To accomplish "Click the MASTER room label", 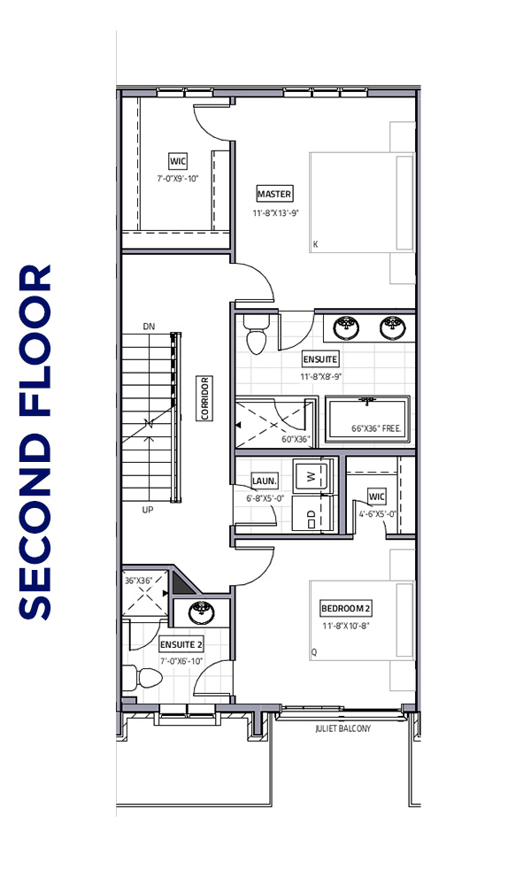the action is [x=274, y=194].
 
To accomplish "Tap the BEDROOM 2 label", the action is [x=345, y=609].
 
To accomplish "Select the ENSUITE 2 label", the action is [x=181, y=644].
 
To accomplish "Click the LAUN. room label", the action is [x=264, y=481].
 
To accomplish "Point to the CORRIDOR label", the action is [x=204, y=398].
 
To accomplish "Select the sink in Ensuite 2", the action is [x=202, y=612].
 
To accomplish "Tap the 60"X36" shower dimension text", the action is [x=296, y=439].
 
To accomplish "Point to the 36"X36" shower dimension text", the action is [x=138, y=581].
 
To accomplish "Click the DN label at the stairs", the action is [x=149, y=327].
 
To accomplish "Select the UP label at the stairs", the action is [x=148, y=510].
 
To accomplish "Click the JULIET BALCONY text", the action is [x=343, y=728].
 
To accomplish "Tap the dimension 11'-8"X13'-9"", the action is [x=275, y=212].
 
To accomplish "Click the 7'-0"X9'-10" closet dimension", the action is [x=178, y=179].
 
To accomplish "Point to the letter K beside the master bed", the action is [x=316, y=244].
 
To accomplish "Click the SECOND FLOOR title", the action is [x=35, y=442].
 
